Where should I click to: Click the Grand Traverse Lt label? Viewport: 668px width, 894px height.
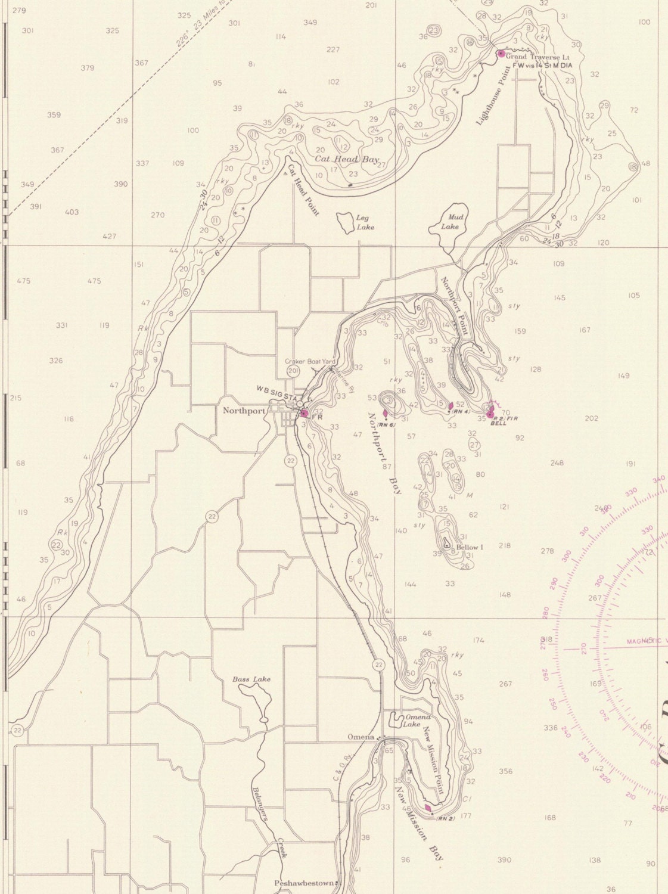530,57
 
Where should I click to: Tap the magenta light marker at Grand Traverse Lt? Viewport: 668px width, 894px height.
501,54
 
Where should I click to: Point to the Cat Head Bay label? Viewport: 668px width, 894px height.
347,160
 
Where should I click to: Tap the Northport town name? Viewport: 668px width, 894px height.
243,411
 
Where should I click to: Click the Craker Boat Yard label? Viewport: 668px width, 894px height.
310,362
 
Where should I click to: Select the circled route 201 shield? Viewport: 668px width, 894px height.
293,371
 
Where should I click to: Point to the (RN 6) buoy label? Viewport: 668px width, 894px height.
387,425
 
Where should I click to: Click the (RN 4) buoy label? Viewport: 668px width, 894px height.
461,412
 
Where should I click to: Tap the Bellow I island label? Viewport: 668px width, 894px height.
470,547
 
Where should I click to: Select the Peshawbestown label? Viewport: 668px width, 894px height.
304,883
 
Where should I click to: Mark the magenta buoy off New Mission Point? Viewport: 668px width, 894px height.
428,808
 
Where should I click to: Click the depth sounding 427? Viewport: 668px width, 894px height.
110,236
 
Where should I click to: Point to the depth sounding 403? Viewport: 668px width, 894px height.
72,212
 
